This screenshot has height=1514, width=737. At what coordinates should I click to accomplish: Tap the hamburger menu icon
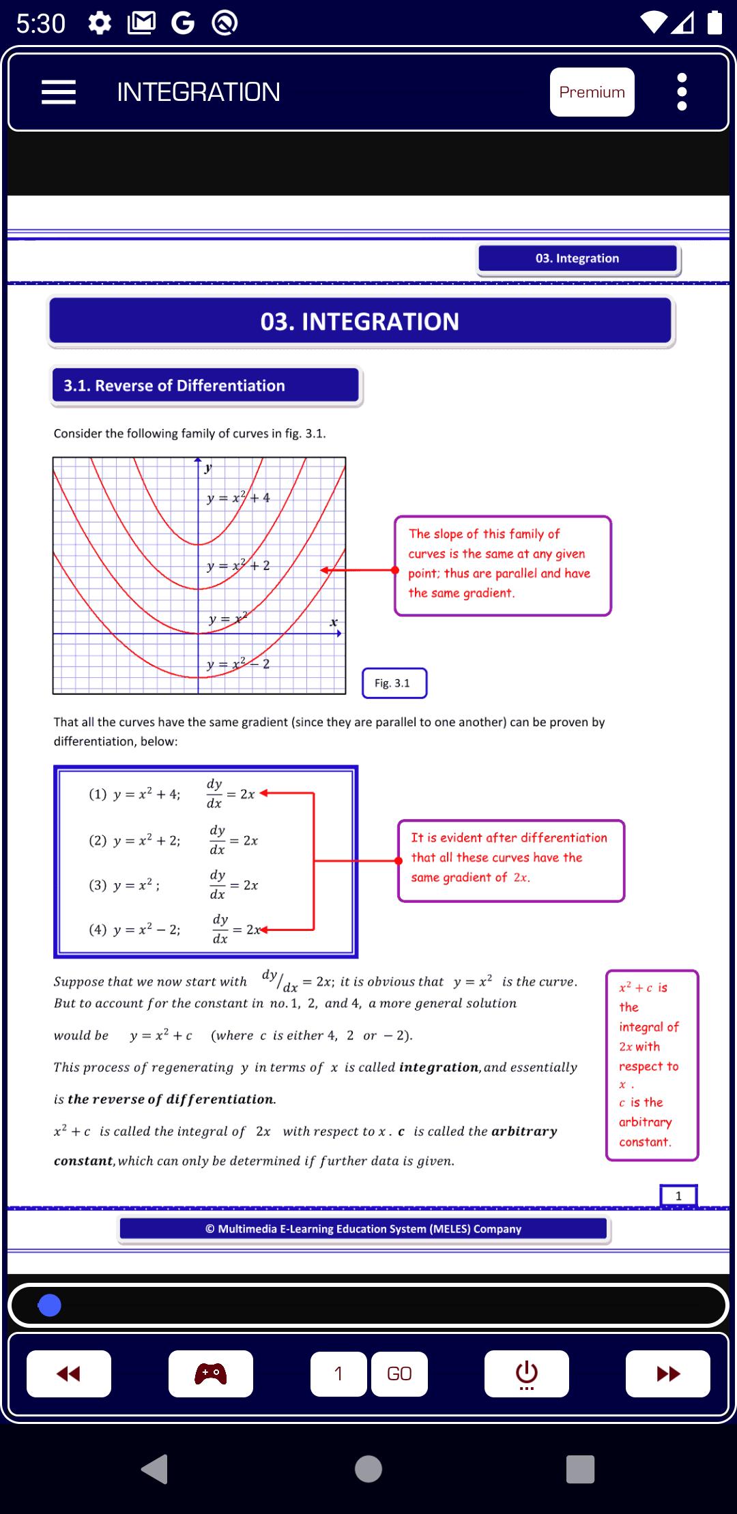point(59,92)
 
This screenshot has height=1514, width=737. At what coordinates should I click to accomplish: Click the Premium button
point(592,92)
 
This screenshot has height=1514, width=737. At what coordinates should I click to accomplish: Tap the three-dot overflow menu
point(681,92)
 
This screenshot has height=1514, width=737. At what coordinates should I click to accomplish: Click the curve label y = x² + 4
point(238,498)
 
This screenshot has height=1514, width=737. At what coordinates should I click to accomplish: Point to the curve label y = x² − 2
point(238,664)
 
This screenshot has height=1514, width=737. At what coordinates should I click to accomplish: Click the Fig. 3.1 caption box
point(394,683)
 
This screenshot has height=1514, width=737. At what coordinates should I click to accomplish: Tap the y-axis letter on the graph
point(208,468)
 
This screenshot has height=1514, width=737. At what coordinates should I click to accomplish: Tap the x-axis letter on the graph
point(333,622)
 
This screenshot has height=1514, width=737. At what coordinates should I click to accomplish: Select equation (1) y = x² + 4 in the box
point(134,794)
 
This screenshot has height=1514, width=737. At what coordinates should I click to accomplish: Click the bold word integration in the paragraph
point(439,1067)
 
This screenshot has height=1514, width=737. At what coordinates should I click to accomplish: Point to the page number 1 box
point(678,1196)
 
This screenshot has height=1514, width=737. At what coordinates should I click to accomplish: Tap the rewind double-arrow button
point(69,1374)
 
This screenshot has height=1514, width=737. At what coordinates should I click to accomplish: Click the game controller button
point(211,1374)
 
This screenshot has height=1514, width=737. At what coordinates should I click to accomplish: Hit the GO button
point(399,1374)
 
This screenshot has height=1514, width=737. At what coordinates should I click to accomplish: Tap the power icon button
point(526,1374)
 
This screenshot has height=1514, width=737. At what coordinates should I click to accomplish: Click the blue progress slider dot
point(49,1305)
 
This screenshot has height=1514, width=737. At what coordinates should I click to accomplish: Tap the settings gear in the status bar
point(100,24)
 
